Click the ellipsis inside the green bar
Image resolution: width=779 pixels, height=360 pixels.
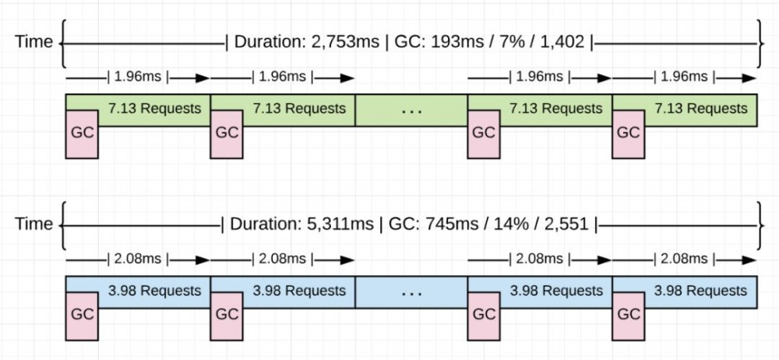point(411,110)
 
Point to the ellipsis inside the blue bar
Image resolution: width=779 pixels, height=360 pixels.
point(411,292)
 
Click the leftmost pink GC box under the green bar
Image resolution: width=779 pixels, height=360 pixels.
point(82,133)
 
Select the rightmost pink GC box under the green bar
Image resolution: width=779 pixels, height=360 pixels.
point(628,133)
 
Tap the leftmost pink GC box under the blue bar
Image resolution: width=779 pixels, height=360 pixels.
point(82,316)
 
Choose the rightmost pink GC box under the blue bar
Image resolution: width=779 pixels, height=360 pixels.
point(628,316)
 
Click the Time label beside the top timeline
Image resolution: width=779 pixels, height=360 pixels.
point(33,41)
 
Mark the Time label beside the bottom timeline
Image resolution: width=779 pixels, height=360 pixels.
point(33,224)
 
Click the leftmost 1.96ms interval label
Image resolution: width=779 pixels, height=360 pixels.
point(138,77)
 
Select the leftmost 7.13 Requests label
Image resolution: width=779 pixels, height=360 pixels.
point(154,108)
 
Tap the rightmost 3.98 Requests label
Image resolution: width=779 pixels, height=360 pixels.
point(700,291)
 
